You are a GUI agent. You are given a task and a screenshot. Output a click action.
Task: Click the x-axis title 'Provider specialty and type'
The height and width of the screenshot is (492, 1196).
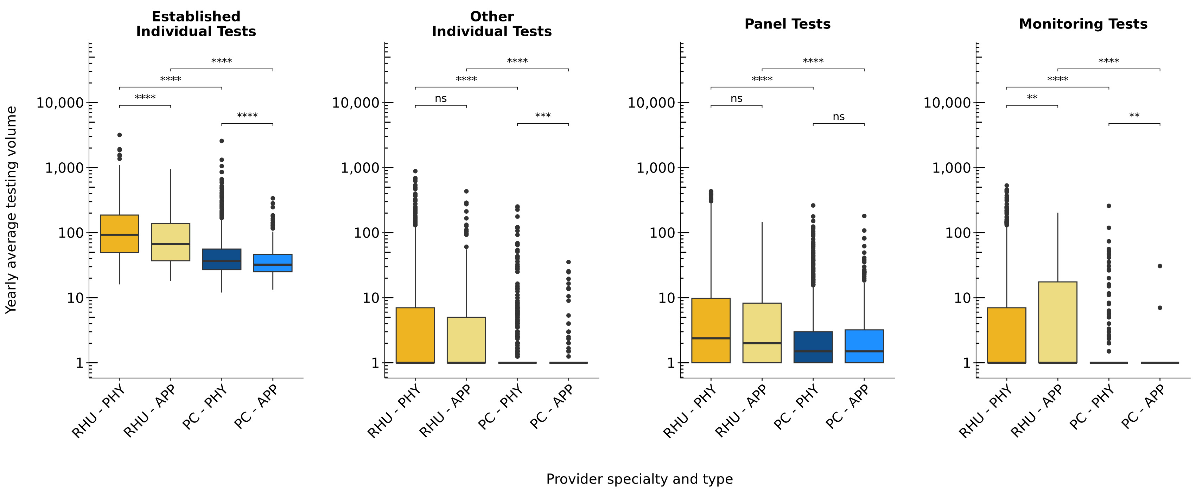pyautogui.click(x=639, y=479)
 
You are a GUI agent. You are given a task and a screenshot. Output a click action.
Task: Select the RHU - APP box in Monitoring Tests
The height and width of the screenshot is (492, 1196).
pyautogui.click(x=1058, y=322)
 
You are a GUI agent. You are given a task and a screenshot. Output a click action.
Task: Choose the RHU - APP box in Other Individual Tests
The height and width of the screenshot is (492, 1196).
pyautogui.click(x=466, y=339)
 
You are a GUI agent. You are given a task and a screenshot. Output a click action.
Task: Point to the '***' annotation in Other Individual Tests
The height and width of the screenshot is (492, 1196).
pyautogui.click(x=543, y=116)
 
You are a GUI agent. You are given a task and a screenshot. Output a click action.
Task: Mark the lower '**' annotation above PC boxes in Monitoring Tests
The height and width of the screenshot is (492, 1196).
pyautogui.click(x=1134, y=116)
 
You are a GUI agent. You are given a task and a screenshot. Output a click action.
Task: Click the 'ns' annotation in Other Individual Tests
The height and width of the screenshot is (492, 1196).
pyautogui.click(x=441, y=99)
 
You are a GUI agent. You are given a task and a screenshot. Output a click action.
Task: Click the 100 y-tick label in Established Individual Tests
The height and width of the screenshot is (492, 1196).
pyautogui.click(x=71, y=233)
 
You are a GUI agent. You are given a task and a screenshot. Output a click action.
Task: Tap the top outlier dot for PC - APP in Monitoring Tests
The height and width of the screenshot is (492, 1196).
pyautogui.click(x=1160, y=266)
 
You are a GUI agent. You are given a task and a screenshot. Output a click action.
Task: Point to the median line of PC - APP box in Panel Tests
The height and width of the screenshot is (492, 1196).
pyautogui.click(x=864, y=351)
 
